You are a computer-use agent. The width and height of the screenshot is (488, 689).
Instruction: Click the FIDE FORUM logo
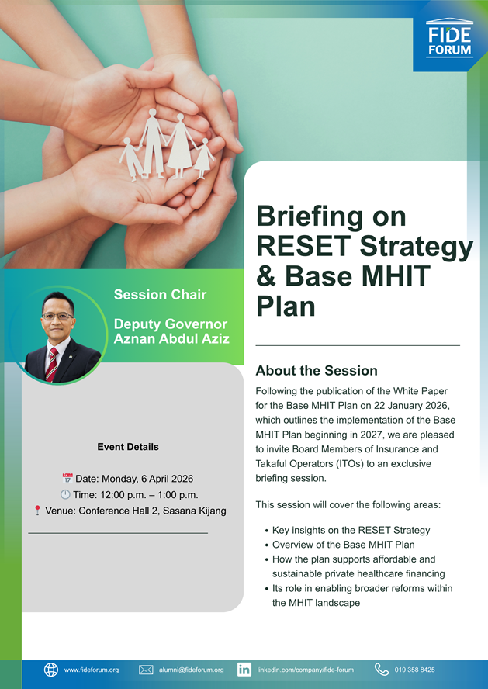tap(449, 40)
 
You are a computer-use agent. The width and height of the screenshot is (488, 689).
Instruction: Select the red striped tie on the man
tap(51, 364)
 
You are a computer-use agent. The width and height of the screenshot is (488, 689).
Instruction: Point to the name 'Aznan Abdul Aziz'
tap(171, 338)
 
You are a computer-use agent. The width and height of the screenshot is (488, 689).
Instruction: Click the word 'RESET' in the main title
tap(304, 247)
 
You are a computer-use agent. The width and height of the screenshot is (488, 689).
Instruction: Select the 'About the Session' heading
tap(317, 371)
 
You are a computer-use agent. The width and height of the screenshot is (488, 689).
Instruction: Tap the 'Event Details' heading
tap(128, 447)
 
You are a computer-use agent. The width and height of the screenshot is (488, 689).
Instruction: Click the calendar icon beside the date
tap(67, 479)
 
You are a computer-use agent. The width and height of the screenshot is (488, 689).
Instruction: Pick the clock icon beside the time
tap(65, 494)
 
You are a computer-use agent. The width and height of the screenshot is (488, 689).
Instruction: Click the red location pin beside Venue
tap(37, 511)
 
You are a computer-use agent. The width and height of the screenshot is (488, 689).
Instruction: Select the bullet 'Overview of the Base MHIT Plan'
tap(343, 545)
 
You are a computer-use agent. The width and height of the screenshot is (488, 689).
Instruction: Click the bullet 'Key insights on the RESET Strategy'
tap(351, 530)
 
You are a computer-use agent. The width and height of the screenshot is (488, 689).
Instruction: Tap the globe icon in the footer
tap(51, 670)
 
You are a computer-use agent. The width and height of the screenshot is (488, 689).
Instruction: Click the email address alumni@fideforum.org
tap(191, 670)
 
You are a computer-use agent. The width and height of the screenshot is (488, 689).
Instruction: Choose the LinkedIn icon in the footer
tap(244, 670)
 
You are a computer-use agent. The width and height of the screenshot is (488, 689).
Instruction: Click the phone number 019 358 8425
tap(414, 670)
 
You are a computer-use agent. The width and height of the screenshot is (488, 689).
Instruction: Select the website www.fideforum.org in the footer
tap(92, 670)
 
